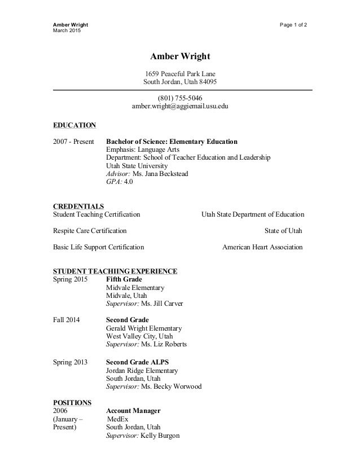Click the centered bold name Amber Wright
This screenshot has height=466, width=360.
point(179,57)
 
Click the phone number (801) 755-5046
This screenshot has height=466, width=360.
point(179,97)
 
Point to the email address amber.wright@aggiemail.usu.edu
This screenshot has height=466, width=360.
point(180,106)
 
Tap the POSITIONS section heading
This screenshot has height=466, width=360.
point(72,402)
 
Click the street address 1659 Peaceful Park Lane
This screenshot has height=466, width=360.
point(180,73)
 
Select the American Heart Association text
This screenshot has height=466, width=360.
point(262,247)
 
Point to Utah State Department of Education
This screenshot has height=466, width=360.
point(252,214)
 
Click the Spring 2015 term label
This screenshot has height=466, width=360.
point(70,279)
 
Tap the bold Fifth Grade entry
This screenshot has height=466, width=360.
point(124,279)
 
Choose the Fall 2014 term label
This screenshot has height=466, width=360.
point(66,320)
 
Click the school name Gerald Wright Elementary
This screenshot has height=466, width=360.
point(144,328)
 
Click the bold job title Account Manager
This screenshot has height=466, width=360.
point(133,411)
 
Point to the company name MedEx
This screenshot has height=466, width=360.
point(118,419)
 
